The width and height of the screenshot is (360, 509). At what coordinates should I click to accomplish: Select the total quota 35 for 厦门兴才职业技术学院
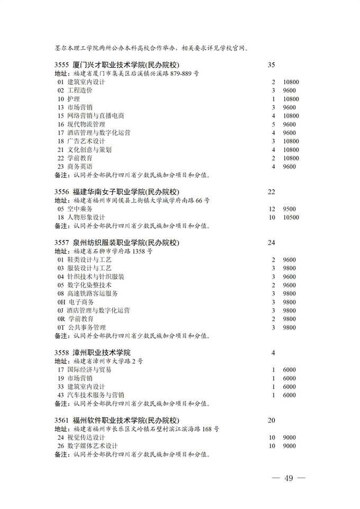272,65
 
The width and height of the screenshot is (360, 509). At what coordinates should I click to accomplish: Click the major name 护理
73,99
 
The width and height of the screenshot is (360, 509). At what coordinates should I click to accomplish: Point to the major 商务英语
79,167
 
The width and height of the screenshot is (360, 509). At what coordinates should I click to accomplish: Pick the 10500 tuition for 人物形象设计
291,217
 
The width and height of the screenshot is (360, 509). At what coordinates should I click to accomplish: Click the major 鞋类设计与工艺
89,260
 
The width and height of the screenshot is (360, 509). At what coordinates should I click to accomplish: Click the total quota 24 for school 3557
272,243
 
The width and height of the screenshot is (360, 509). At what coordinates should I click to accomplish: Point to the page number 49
288,479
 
